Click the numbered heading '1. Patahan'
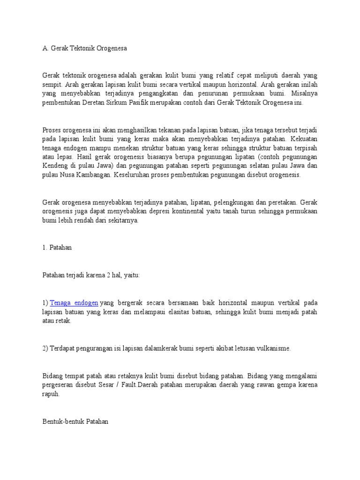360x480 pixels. pyautogui.click(x=57, y=247)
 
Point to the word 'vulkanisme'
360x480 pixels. pyautogui.click(x=274, y=348)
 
